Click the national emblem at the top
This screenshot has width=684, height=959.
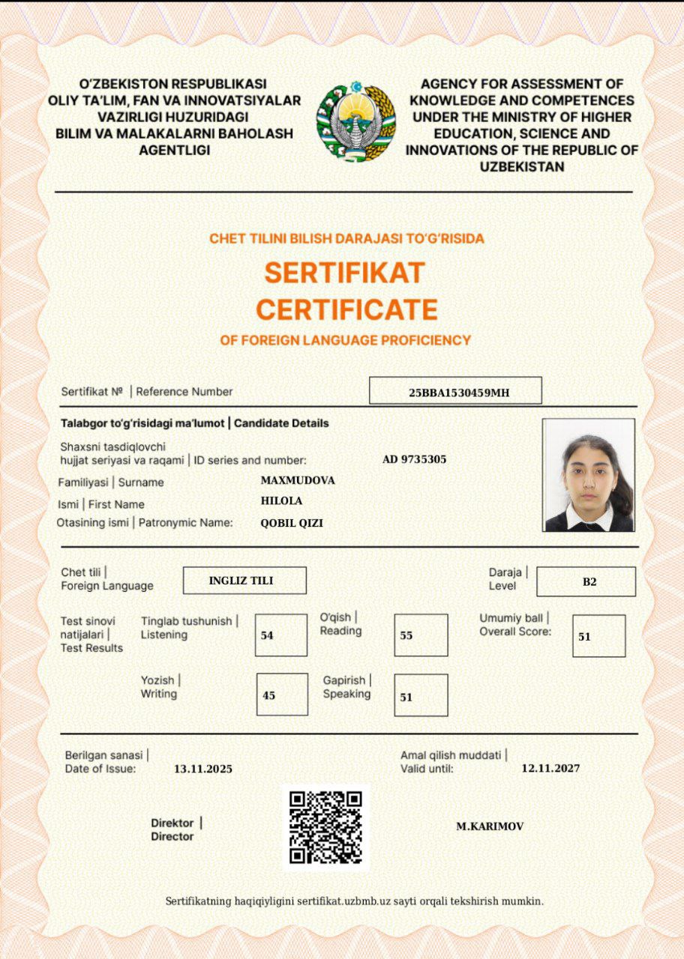[355, 121]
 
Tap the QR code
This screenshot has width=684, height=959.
[326, 827]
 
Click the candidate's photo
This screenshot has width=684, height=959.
[589, 475]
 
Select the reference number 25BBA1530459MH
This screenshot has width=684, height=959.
[455, 391]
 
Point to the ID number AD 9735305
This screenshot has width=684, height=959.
[414, 459]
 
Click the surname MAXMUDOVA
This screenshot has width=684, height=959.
[298, 480]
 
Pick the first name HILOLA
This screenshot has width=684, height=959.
[281, 500]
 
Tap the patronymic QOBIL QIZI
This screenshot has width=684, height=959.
[292, 523]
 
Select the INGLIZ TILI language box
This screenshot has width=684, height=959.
[244, 581]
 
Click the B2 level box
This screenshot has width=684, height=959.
[586, 581]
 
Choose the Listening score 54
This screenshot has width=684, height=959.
[280, 635]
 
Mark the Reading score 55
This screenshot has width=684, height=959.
[421, 635]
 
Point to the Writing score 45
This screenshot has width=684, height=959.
[282, 695]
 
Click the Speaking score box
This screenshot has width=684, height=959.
[421, 695]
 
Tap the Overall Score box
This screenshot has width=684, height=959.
[598, 636]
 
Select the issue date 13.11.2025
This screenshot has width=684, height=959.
[203, 769]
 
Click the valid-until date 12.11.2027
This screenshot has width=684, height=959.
[550, 768]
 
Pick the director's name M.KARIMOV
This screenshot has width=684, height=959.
[490, 826]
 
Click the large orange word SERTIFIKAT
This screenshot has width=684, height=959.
[345, 272]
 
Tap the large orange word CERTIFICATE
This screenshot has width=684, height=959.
[346, 309]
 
